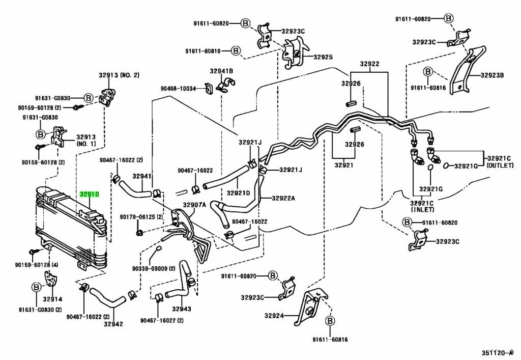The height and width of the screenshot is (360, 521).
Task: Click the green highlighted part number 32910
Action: pos(89,194)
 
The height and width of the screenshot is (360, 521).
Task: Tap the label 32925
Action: pos(323,57)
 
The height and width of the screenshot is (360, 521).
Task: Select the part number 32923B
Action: pos(492,75)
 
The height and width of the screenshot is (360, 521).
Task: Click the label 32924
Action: pos(274,316)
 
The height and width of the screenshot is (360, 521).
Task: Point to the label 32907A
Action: pos(194,205)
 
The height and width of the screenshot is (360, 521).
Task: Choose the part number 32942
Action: pos(113,323)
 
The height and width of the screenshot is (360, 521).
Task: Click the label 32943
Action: pos(182,309)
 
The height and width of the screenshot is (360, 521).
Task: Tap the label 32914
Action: pos(52,299)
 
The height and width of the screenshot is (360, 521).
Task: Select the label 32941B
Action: pos(221,71)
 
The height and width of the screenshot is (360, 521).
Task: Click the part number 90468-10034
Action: pos(178,89)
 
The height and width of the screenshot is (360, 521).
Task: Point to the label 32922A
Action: pos(283,198)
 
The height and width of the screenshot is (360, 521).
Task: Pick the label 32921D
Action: pos(239,193)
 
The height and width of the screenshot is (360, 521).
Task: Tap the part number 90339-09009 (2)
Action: pos(153,268)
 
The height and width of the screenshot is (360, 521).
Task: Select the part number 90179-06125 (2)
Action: pos(141,217)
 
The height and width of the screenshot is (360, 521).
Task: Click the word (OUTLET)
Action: pos(500,165)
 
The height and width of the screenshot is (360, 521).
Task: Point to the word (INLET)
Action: pos(422,209)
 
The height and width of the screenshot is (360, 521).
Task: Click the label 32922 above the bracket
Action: pos(369,64)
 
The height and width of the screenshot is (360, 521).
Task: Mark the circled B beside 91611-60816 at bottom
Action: pos(330,321)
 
